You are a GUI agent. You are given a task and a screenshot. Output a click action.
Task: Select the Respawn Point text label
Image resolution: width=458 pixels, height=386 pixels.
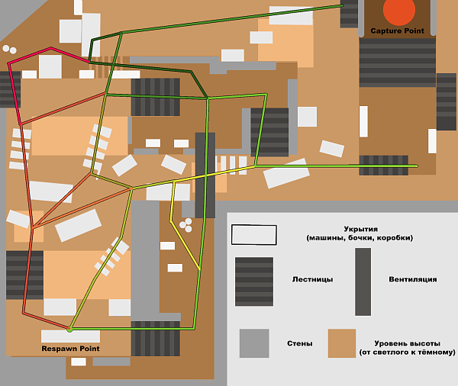coord(70,349)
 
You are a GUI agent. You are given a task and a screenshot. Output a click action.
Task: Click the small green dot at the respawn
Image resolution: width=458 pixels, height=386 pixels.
coord(69,329)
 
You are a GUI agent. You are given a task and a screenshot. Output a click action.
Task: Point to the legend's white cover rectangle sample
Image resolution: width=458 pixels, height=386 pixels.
coord(253,234)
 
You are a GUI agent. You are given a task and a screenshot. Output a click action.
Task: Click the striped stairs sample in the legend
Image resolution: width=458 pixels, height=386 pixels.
coord(253,281)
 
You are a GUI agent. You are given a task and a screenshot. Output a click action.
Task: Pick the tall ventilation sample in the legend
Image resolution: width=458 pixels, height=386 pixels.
coord(363,281)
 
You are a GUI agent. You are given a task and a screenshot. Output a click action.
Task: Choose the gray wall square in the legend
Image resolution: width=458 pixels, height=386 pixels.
coord(253,343)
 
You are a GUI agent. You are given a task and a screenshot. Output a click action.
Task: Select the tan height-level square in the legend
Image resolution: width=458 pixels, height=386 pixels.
coord(342,343)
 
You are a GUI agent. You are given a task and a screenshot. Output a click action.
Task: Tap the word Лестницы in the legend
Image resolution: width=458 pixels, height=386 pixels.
coord(312,279)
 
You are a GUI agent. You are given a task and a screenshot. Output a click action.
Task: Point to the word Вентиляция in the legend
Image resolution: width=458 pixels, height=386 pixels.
coord(412,279)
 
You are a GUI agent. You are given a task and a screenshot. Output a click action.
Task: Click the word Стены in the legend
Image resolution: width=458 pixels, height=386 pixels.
coord(298,343)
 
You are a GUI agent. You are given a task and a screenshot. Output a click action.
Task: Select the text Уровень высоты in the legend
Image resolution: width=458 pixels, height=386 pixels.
coord(407,343)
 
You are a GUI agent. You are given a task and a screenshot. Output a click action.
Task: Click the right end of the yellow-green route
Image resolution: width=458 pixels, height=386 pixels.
coord(417,166)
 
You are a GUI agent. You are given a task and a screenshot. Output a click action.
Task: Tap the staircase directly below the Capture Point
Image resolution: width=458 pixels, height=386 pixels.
coord(397,62)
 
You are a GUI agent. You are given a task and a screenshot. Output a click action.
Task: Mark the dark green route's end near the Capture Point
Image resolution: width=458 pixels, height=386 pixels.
coord(342,6)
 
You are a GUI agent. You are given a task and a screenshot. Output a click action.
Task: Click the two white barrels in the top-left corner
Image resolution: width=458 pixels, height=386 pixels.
coord(9,50)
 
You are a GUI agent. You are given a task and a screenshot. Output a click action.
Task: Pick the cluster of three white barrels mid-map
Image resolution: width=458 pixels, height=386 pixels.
coord(185,224)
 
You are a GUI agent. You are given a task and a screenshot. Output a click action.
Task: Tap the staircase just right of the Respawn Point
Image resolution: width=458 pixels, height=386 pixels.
coord(156,338)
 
